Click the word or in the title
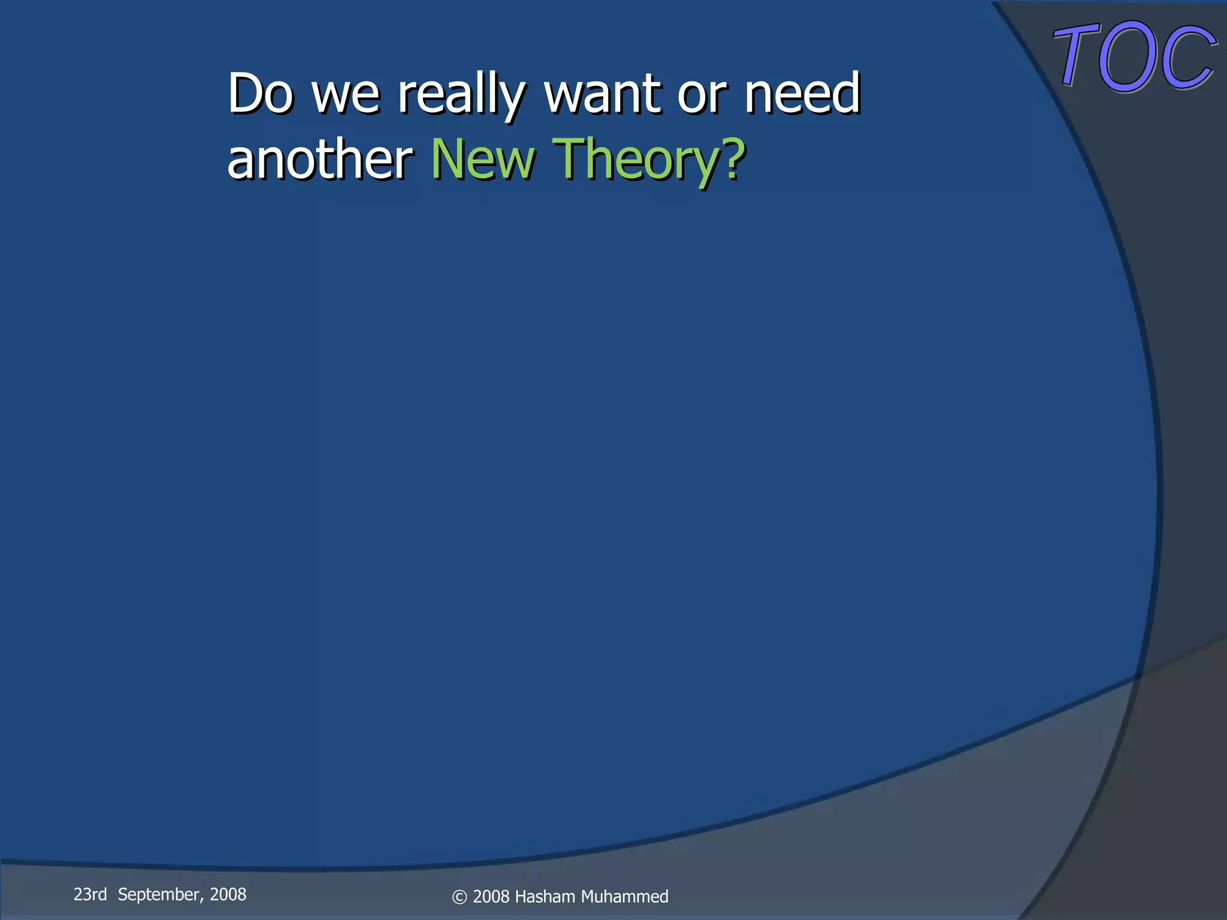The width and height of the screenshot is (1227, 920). pos(702,96)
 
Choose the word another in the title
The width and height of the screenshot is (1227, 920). pos(320,159)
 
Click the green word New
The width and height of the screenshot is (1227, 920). pos(483,159)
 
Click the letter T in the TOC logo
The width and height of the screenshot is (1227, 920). pos(1075,56)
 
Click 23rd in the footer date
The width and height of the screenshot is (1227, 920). pos(90,894)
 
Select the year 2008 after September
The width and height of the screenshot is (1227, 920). pos(228,894)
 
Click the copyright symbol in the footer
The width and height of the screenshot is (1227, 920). pos(459,897)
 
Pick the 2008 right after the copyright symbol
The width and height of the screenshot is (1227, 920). pos(491,897)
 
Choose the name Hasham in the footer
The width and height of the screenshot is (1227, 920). pos(545,897)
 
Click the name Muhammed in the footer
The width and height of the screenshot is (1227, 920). pos(624,897)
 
